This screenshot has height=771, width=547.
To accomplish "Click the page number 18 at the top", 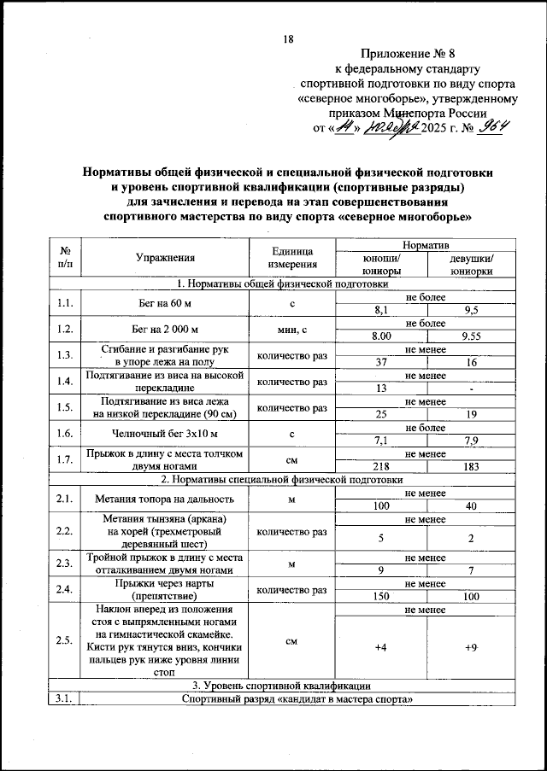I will tap(288, 39).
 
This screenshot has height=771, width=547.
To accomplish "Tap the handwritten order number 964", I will tap(493, 128).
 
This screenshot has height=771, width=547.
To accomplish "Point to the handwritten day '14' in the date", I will tap(344, 128).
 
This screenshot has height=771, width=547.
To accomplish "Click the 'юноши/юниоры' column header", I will tap(380, 264).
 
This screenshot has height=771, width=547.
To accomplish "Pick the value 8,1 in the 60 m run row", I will tap(380, 311).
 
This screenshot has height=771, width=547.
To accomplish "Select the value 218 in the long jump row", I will tap(380, 467).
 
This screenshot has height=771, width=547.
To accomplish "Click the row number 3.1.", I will tap(64, 700).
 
